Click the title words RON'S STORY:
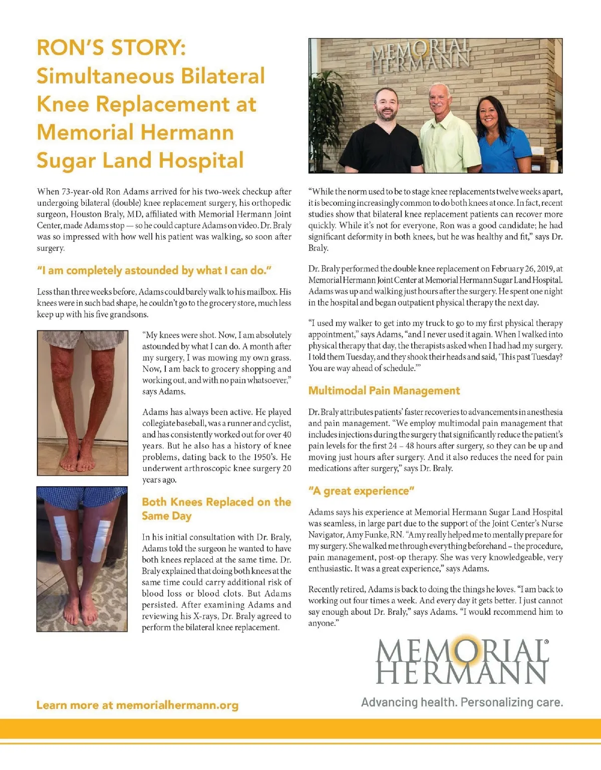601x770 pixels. click(111, 48)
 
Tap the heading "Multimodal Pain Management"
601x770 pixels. click(384, 391)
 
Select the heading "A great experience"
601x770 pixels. click(361, 491)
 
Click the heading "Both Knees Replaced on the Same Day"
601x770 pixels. click(216, 509)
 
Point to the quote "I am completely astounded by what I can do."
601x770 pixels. click(154, 270)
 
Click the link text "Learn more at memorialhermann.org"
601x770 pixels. click(137, 705)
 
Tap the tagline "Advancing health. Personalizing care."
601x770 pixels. click(462, 702)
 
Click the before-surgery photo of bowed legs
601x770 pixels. click(82, 403)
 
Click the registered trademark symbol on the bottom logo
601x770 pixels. click(546, 641)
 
